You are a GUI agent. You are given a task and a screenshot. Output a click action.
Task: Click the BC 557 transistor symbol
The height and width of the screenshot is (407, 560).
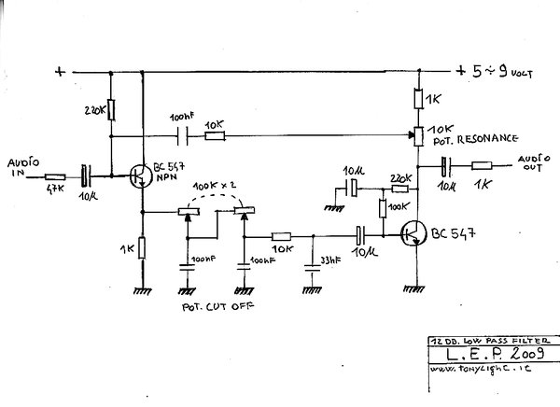138,175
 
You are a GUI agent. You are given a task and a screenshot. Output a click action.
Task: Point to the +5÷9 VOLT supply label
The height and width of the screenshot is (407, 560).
497,71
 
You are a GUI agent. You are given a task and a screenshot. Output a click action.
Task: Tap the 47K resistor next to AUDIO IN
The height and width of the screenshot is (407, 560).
56,175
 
